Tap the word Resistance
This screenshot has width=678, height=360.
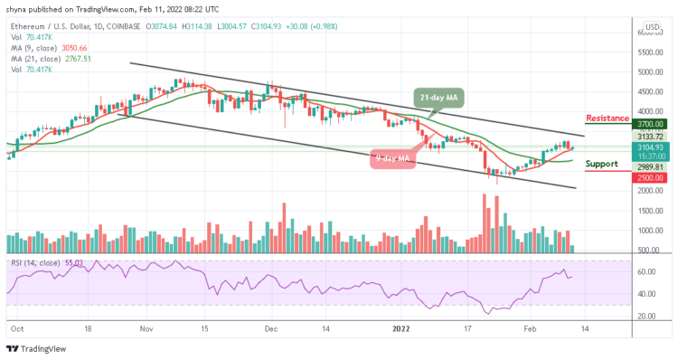click(x=607, y=118)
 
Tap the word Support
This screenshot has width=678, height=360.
click(x=601, y=165)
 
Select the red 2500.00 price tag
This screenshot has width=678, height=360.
click(x=651, y=177)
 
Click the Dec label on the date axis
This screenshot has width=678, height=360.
click(x=268, y=331)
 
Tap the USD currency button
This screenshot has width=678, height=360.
click(x=651, y=27)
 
